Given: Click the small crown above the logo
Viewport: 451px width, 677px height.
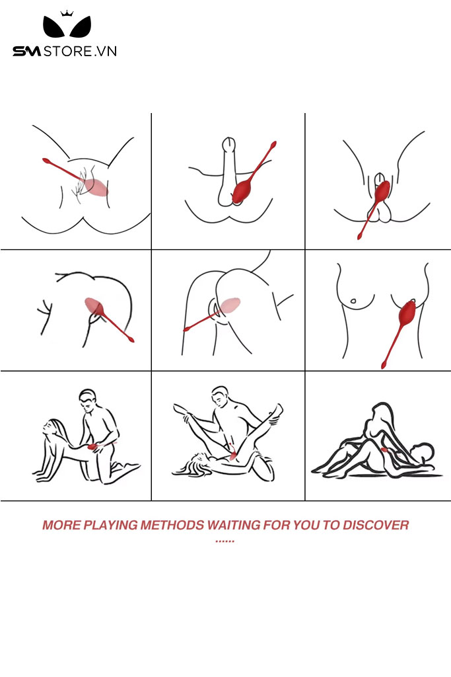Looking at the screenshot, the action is tap(67, 13).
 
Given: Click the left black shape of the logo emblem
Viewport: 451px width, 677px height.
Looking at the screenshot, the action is tap(53, 28).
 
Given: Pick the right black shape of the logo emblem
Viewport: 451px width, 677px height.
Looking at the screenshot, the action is tap(81, 28).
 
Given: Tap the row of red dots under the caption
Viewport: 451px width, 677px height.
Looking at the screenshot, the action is tap(225, 541).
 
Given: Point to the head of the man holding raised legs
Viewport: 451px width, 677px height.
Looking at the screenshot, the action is tap(221, 397).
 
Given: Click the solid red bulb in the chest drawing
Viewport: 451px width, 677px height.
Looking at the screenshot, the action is tap(407, 313).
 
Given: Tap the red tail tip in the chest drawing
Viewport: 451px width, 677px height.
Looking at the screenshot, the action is tap(383, 365).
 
